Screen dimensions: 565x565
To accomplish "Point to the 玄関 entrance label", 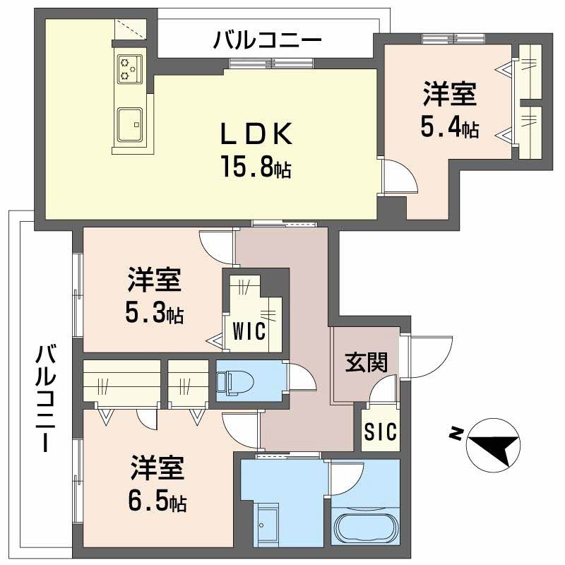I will [x=366, y=363].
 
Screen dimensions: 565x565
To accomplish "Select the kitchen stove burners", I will [x=129, y=67].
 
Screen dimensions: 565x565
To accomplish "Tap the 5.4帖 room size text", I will [x=449, y=127].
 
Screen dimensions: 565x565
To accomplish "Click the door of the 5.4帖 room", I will [x=400, y=177].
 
